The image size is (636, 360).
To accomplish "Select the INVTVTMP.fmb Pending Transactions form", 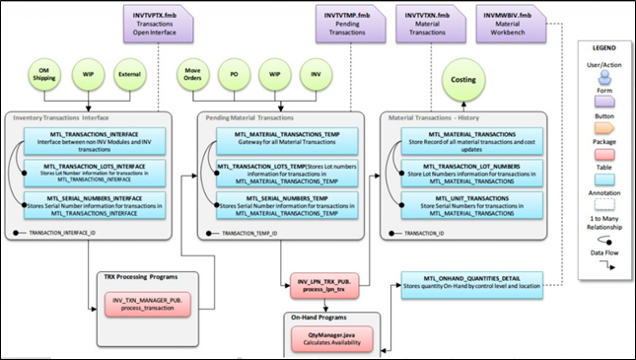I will (x=350, y=21).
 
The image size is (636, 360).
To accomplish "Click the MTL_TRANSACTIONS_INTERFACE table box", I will (x=92, y=142).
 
